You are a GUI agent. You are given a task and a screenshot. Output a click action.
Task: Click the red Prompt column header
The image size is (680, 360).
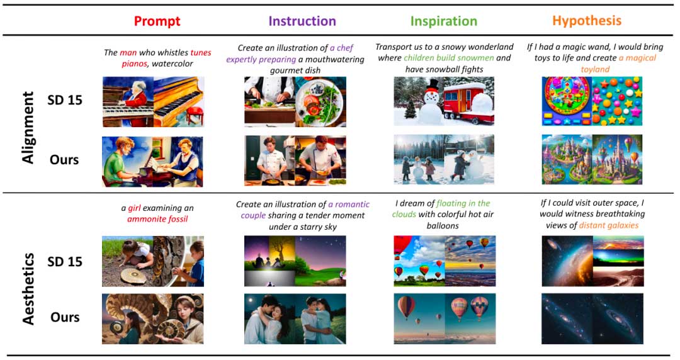[x=157, y=21]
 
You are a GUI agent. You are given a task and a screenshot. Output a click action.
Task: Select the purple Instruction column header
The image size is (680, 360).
[x=302, y=21]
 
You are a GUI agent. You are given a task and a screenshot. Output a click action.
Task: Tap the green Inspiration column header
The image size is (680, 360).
[x=444, y=21]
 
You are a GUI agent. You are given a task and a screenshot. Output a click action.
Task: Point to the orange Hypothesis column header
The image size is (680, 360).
[x=587, y=21]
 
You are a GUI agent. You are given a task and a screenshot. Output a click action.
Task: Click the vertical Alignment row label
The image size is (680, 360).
[x=28, y=128]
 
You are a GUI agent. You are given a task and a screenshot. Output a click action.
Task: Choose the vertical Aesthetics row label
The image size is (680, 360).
[x=28, y=290]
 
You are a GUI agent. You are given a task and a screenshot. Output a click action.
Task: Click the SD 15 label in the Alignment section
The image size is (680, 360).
[x=65, y=100]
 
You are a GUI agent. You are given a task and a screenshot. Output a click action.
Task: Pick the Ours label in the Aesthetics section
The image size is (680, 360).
[x=65, y=317]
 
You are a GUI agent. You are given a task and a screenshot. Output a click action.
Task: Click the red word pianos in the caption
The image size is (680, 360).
[x=134, y=64]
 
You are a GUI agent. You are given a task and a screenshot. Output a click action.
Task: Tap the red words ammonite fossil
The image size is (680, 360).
[x=157, y=219]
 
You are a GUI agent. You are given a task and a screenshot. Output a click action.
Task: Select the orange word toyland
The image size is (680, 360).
[x=595, y=69]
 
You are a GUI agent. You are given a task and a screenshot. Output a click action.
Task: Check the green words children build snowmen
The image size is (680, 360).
[x=448, y=58]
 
